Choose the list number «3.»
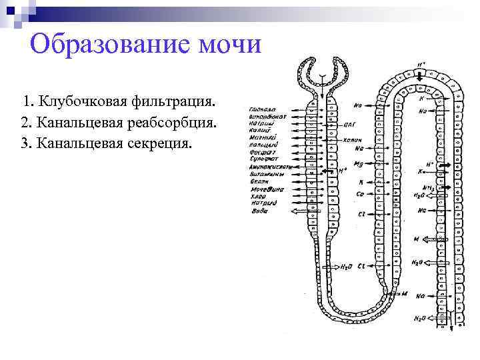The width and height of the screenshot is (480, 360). click(x=26, y=144)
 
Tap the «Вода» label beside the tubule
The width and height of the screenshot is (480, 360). click(x=260, y=211)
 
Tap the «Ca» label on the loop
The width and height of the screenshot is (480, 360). click(x=360, y=195)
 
